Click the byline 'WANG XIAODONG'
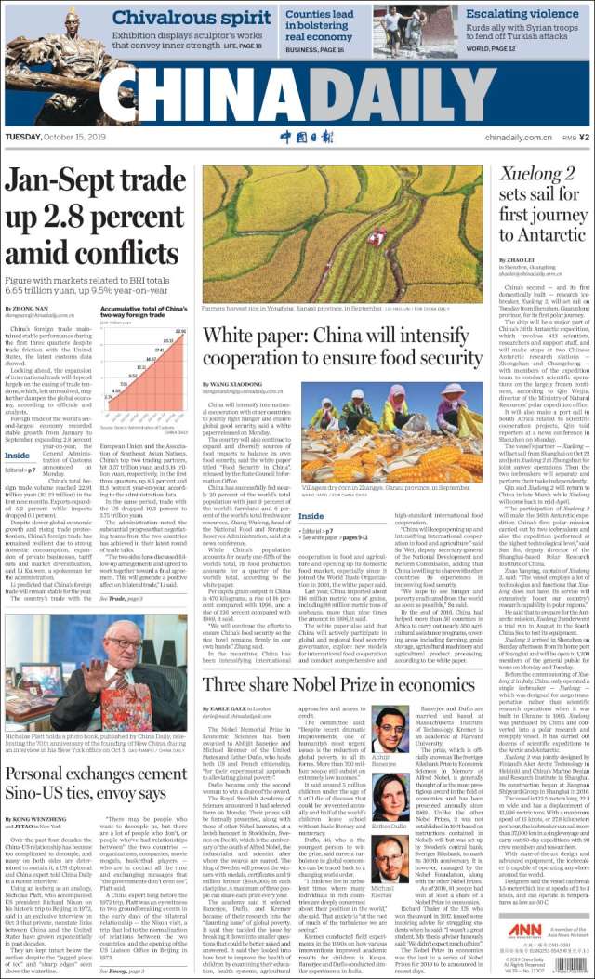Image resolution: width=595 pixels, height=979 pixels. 239,384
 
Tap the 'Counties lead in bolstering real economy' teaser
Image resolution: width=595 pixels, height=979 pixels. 319,25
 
